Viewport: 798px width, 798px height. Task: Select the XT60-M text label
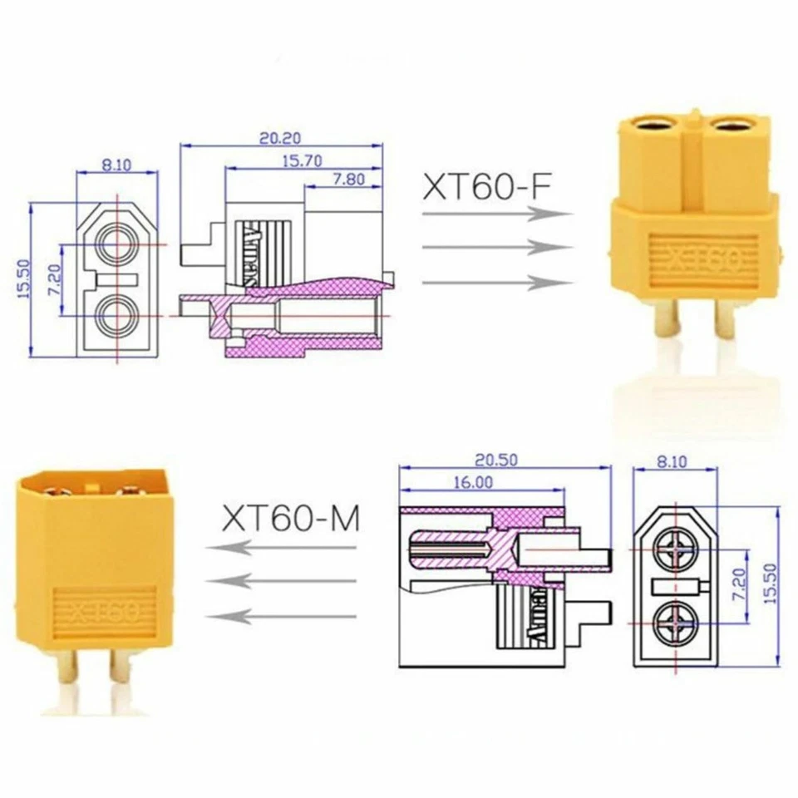[x=291, y=519]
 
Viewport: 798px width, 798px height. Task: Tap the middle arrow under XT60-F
[x=497, y=248]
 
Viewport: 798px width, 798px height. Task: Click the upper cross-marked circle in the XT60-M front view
[x=675, y=549]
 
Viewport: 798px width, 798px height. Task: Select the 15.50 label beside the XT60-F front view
[x=22, y=278]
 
